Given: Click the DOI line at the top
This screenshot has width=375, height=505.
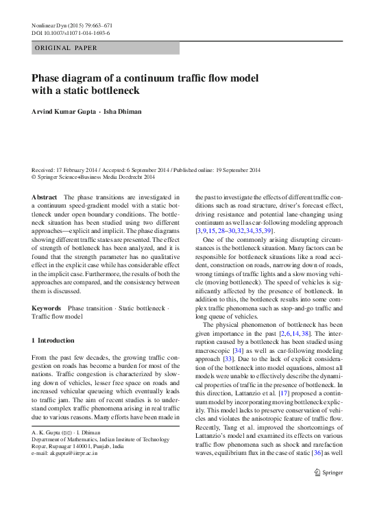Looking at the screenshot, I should point(71,34).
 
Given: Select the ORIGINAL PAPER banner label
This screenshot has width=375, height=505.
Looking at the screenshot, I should point(66,48).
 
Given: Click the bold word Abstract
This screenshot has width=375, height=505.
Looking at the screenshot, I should point(45,197).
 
